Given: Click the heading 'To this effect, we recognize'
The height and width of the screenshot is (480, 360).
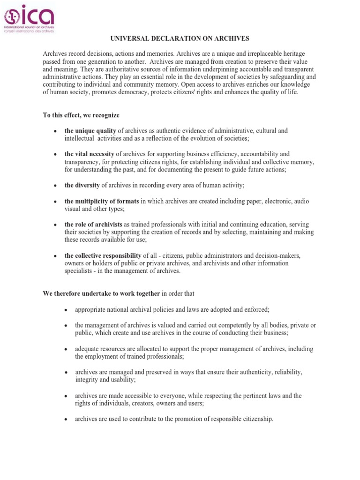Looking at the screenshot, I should click(x=81, y=115).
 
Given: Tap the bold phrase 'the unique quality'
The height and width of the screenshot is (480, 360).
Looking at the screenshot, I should click(x=90, y=131).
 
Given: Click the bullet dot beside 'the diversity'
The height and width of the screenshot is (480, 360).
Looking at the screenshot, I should click(x=55, y=186).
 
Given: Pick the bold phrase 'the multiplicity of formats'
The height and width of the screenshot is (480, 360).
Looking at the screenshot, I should click(x=102, y=201).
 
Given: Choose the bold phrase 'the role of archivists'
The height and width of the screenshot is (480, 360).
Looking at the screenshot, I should click(x=93, y=225).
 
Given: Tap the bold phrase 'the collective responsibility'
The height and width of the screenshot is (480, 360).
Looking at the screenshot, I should click(x=103, y=255).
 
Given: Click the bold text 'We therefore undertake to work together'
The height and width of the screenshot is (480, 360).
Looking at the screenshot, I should click(x=101, y=294).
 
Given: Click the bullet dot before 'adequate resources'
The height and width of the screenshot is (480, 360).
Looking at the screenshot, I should click(x=66, y=349).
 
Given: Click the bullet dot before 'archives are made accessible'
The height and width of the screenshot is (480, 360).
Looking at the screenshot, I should click(x=66, y=396).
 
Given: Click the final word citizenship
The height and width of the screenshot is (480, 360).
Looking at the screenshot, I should click(x=256, y=419).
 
